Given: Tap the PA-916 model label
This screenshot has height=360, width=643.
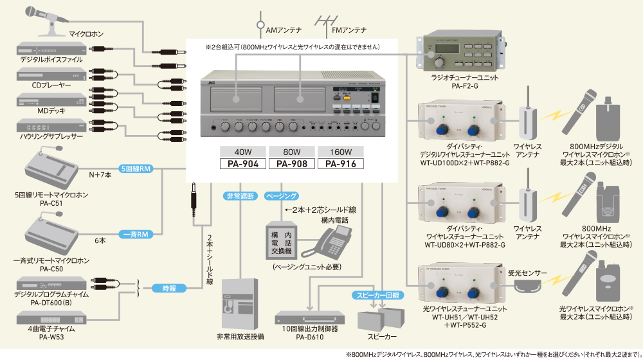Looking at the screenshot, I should coord(340,163).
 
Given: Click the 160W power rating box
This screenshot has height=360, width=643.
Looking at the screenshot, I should coord(340,152).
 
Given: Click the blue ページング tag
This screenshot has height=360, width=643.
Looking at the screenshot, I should coord(281,195).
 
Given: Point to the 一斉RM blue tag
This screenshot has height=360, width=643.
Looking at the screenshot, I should coord(135,235).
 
